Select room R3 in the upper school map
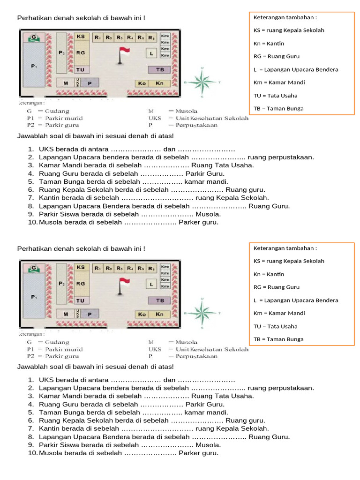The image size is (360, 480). click(120, 37)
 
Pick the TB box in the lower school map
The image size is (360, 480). click(159, 300)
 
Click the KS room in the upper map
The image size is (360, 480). click(81, 36)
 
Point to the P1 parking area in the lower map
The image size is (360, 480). click(34, 297)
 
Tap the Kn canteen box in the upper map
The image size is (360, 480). click(159, 83)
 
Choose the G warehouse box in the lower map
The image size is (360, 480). click(34, 268)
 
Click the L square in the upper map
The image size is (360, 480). click(151, 53)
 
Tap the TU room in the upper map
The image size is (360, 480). click(81, 70)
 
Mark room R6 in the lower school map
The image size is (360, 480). click(151, 268)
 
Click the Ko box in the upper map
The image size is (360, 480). click(142, 83)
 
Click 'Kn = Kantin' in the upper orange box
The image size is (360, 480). click(269, 44)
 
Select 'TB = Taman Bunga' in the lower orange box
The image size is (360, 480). click(278, 339)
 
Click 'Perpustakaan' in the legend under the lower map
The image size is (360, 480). click(196, 356)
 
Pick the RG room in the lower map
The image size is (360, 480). click(81, 284)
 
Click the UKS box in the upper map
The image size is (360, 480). click(78, 82)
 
